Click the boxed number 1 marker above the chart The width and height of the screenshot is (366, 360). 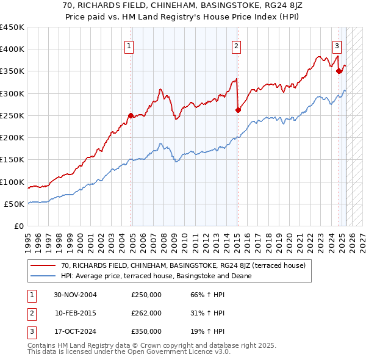point(130,45)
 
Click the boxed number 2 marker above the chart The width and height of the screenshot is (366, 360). point(236,45)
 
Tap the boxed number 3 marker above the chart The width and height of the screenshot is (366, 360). point(337,45)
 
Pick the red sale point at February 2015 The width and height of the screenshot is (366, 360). point(238,110)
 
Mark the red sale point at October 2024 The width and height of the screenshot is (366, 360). point(339,71)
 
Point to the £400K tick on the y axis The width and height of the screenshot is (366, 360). point(12,49)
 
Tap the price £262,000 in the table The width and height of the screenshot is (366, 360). point(146,314)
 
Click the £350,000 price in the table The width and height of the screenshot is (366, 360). point(146,331)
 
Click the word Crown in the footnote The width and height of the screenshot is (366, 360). point(153,345)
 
